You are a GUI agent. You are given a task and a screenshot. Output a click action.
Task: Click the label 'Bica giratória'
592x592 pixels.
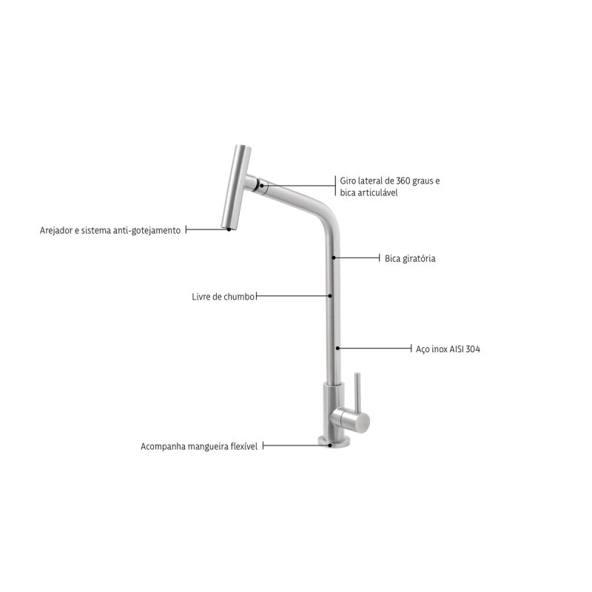pos(410,258)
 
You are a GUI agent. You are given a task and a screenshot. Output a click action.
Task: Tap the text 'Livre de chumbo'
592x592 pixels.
pos(223,297)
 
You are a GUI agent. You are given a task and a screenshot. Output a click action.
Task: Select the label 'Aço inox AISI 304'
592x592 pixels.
pos(448,349)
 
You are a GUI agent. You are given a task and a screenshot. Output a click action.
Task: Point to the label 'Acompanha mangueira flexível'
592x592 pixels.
pos(199,447)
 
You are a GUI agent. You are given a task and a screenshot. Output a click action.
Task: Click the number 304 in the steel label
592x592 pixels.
pos(473,349)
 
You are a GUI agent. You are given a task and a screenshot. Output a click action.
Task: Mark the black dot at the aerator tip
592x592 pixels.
pos(229,229)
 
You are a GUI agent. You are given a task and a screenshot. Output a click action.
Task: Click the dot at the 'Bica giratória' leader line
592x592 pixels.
pos(334,258)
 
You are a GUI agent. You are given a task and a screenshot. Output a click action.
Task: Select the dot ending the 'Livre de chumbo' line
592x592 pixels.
pos(330,296)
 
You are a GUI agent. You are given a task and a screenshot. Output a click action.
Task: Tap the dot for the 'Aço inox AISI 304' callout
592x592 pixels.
pos(338,348)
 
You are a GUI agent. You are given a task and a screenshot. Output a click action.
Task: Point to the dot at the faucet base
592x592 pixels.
pos(330,445)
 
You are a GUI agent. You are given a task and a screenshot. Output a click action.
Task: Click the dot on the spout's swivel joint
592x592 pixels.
pos(262,186)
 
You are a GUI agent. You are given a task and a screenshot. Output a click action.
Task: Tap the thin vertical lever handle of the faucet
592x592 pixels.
pos(357,392)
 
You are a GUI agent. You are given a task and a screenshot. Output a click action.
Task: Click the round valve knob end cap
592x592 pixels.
pos(363,423)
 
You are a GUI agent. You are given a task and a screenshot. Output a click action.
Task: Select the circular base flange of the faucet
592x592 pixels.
pos(334,442)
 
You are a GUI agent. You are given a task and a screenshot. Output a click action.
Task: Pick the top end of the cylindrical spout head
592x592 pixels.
pos(243,147)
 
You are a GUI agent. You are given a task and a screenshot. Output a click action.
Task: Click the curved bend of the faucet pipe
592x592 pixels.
pos(328,216)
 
